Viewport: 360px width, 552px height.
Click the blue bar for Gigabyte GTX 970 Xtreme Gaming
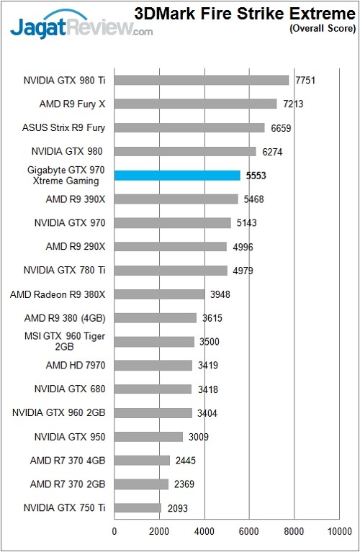click(177, 175)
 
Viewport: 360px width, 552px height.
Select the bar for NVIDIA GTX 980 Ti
click(202, 80)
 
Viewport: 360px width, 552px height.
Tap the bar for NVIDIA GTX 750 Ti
click(138, 508)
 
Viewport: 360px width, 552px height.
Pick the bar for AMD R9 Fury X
click(195, 104)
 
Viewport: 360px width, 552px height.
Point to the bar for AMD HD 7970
click(153, 366)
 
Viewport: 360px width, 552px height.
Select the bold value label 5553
click(256, 175)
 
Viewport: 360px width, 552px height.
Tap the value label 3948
click(220, 294)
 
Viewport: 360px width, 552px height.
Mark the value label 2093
click(178, 508)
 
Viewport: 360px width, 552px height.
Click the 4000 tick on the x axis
click(204, 532)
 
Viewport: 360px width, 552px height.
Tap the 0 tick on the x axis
click(114, 532)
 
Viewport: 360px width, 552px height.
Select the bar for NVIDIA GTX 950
click(148, 437)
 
